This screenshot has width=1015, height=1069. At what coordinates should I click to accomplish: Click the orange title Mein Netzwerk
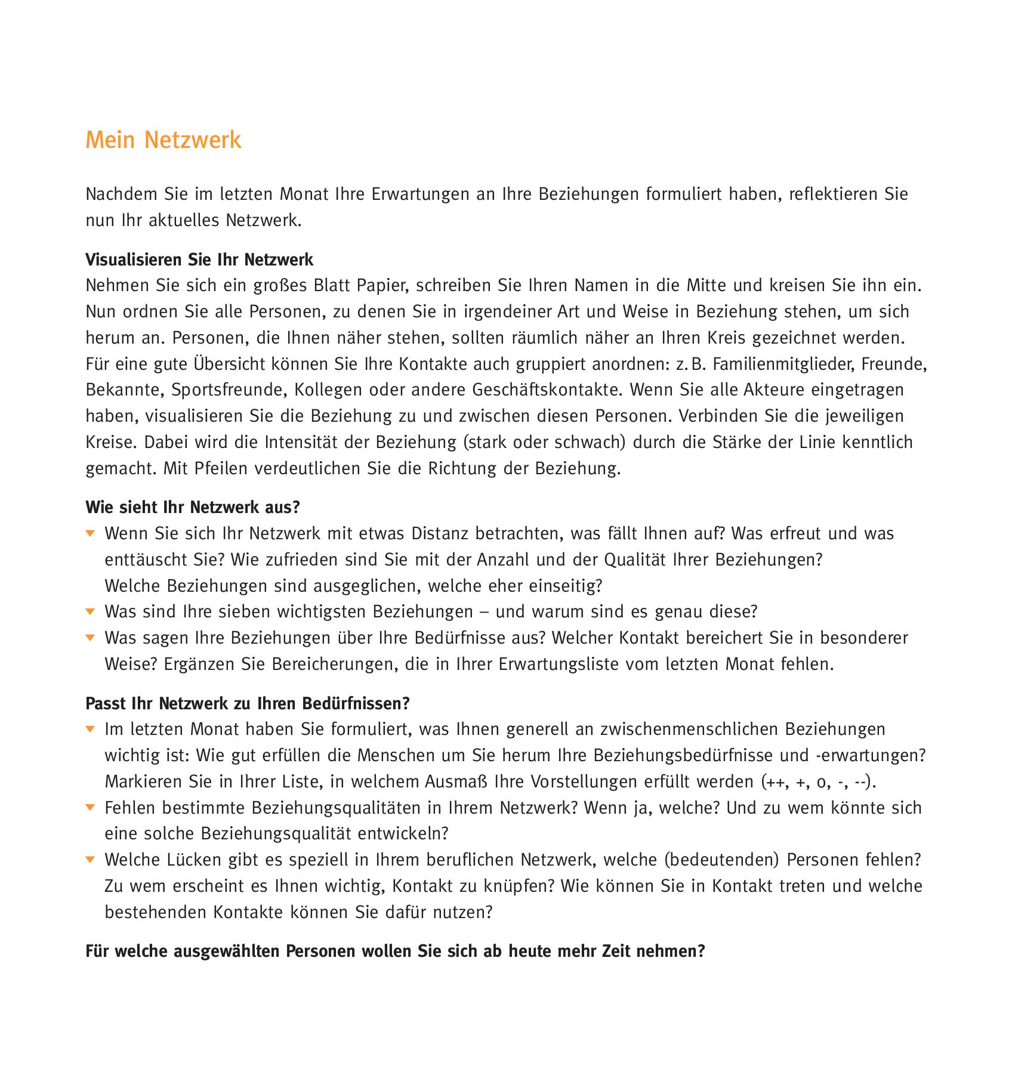coord(163,140)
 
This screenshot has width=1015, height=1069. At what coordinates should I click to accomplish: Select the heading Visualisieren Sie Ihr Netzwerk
coord(199,260)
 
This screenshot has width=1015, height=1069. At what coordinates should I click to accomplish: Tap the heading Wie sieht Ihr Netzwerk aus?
coord(192,507)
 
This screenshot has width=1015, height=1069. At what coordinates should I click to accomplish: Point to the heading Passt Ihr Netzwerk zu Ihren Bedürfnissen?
coord(248,703)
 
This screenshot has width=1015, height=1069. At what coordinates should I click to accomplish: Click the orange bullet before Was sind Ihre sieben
coord(90,611)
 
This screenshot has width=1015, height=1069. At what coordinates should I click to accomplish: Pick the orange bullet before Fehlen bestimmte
coord(90,808)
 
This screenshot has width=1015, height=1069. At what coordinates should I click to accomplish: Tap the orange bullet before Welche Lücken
coord(90,860)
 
